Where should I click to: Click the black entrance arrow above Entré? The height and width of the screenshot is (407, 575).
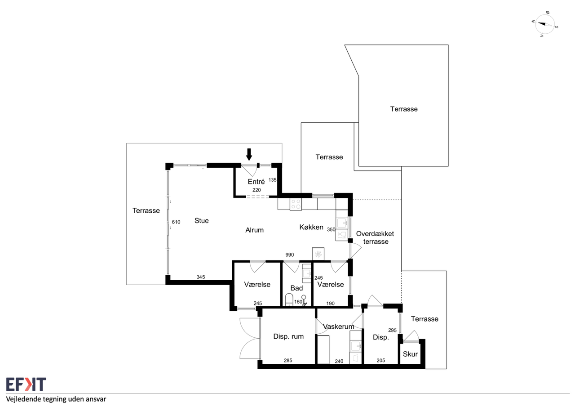[249, 154]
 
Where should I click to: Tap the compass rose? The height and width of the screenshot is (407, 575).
[545, 24]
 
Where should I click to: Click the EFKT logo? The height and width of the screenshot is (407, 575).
[26, 384]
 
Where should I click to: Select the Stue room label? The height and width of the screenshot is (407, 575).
[202, 220]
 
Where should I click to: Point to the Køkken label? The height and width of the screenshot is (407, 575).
[311, 227]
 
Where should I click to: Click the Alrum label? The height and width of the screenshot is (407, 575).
[254, 230]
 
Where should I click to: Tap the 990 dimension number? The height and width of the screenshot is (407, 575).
[290, 255]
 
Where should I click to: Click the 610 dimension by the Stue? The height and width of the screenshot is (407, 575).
[176, 222]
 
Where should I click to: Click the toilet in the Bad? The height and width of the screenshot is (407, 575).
[289, 300]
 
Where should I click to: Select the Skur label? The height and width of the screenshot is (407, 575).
[410, 354]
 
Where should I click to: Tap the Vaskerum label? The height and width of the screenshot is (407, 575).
[339, 326]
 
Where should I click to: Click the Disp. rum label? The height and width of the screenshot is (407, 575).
[288, 336]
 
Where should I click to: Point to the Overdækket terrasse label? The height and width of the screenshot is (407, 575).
[375, 237]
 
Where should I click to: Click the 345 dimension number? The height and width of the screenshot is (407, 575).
[201, 277]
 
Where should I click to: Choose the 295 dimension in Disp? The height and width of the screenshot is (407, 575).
[392, 330]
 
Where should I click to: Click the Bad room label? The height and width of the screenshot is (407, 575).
[296, 288]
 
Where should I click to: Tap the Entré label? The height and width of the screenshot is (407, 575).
[256, 181]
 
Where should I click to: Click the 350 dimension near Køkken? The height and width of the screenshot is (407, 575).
[331, 229]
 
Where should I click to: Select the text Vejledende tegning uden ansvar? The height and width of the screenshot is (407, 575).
[56, 399]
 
